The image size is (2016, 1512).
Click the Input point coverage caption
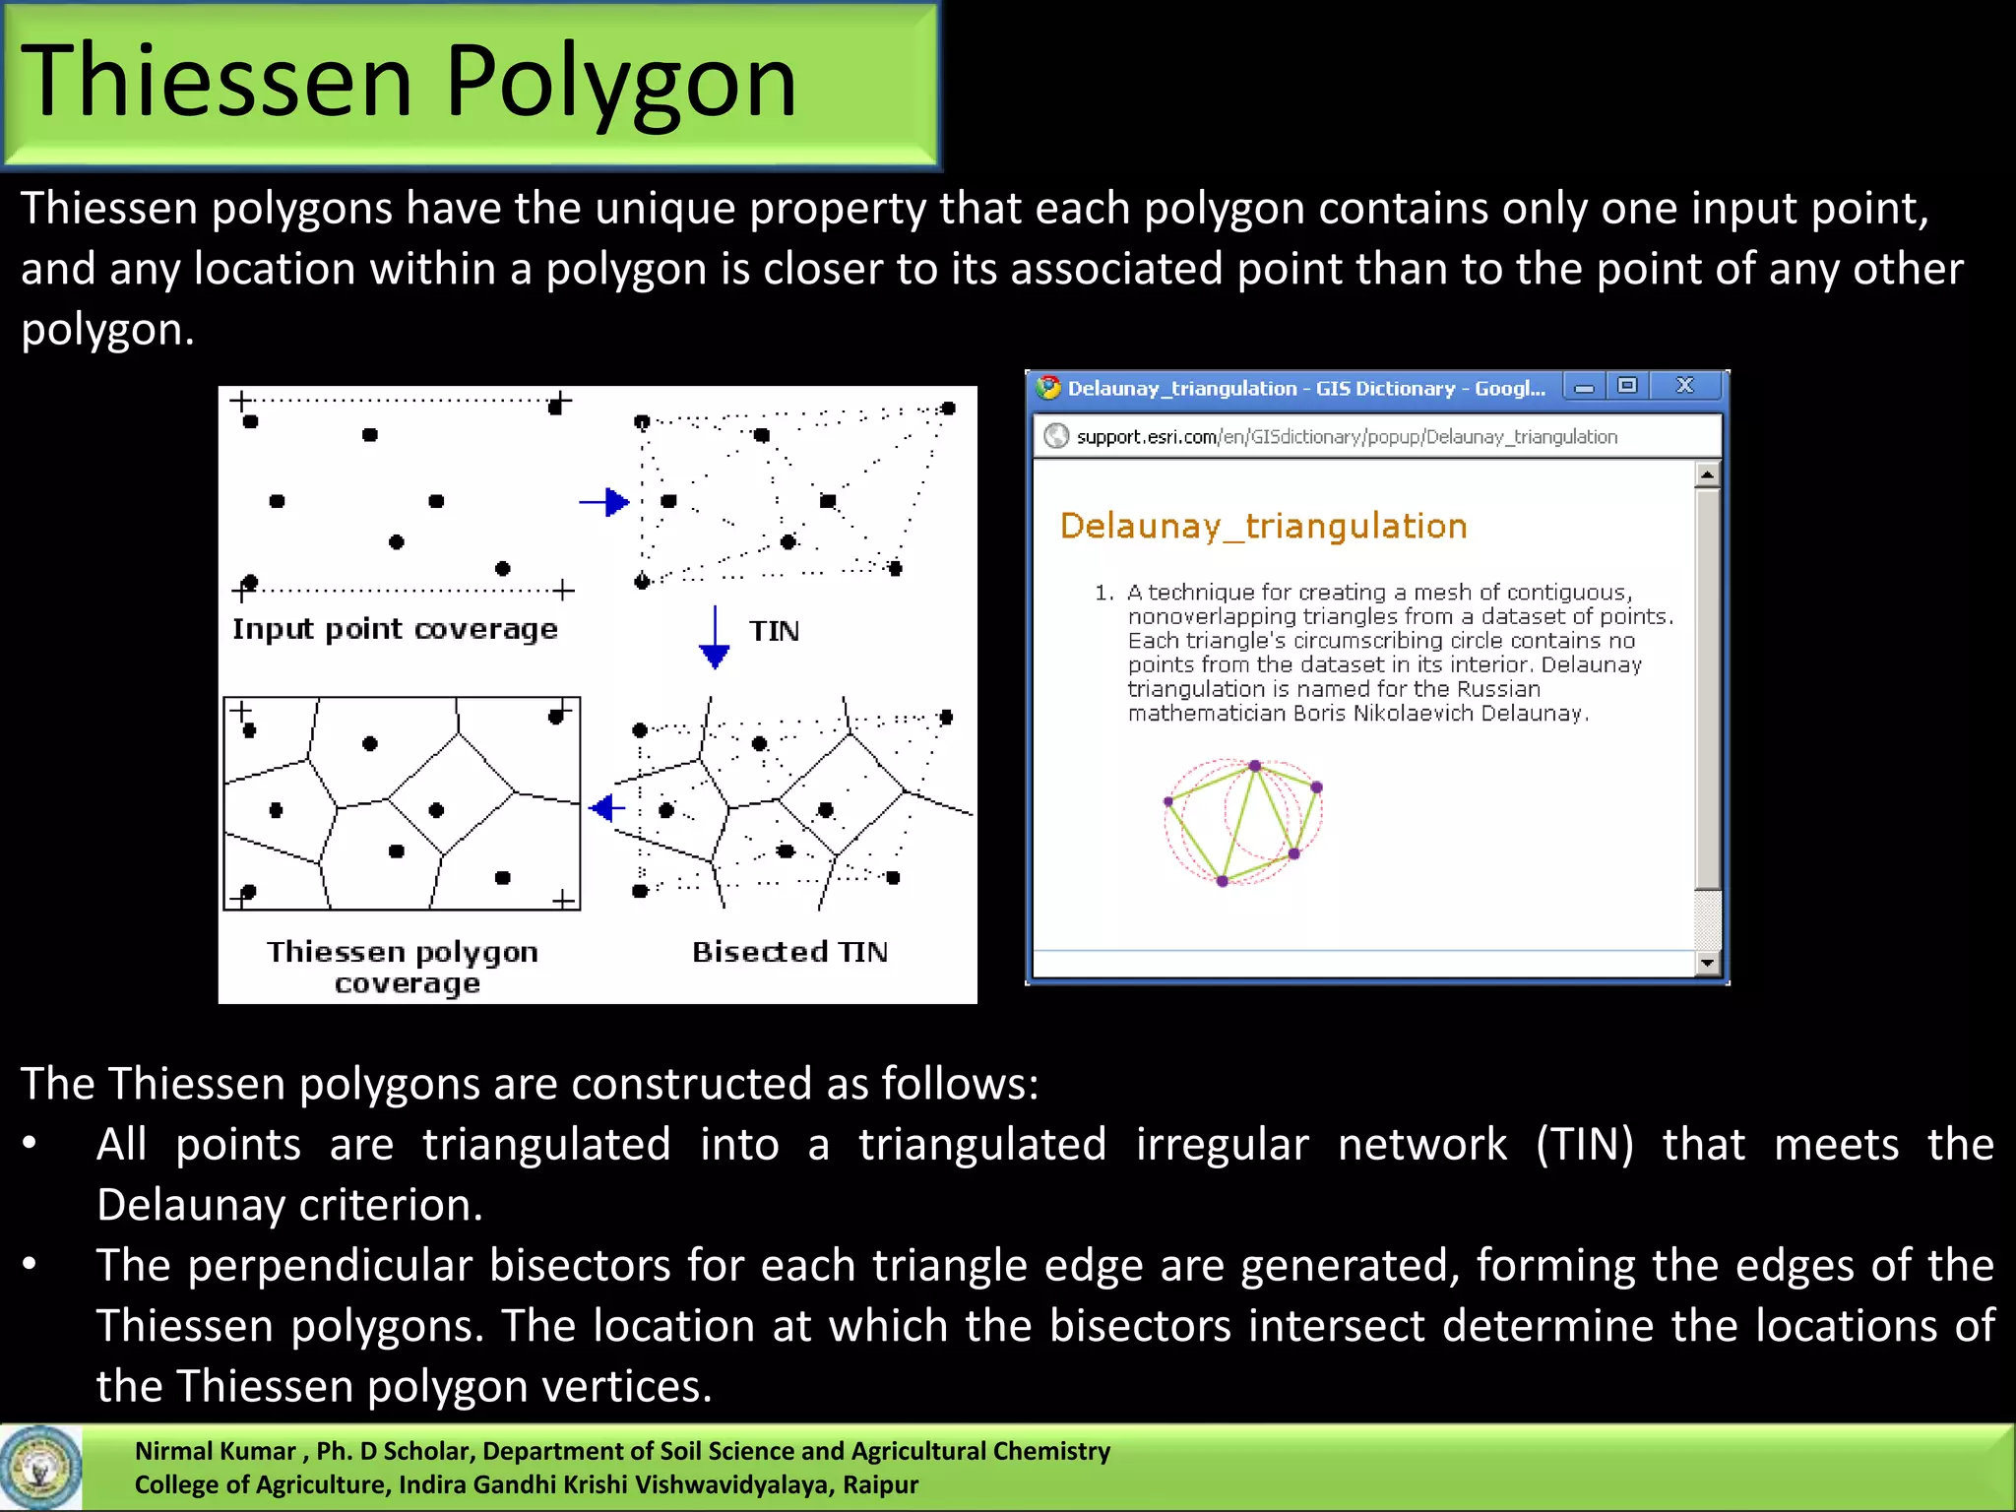click(x=395, y=629)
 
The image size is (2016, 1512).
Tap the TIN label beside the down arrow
click(x=774, y=631)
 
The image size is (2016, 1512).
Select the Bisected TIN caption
click(x=789, y=952)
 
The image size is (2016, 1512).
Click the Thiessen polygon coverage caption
click(x=403, y=967)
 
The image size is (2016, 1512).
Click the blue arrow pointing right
click(x=604, y=502)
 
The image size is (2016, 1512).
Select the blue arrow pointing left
click(x=606, y=808)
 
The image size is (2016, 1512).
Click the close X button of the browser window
click(x=1684, y=386)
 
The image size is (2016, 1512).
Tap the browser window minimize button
click(x=1584, y=387)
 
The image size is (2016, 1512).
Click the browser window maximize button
click(x=1627, y=386)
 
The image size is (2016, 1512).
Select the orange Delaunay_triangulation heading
click(x=1263, y=526)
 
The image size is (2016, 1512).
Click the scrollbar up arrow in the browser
click(x=1707, y=474)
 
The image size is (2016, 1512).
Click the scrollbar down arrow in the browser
click(x=1707, y=963)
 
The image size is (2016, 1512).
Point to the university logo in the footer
click(x=40, y=1468)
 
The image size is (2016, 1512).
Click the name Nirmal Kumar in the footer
click(x=215, y=1451)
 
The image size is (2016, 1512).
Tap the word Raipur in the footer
click(x=880, y=1484)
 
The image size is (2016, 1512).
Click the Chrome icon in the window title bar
click(x=1049, y=387)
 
